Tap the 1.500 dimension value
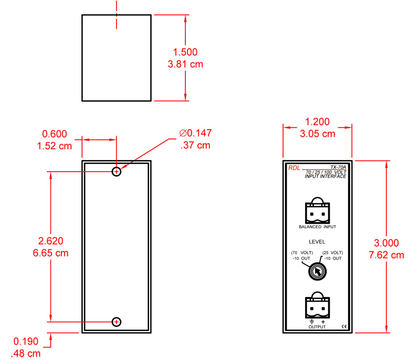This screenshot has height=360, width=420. coord(185,52)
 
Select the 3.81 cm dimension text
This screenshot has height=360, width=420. coord(185,64)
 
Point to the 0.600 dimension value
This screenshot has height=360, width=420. coord(55,134)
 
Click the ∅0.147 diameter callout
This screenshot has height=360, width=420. coord(195,133)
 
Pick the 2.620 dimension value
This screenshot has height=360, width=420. coord(50,241)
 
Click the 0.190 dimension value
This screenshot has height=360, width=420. coord(26,341)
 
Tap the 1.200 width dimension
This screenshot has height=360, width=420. coord(318,122)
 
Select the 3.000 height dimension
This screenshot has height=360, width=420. coord(386,243)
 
